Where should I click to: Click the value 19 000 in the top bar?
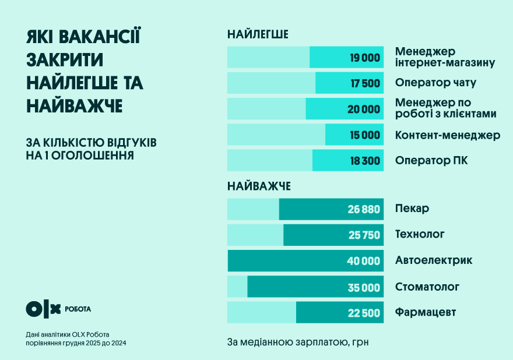click(365, 58)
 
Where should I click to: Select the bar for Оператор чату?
click(305, 83)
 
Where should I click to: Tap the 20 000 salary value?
click(365, 109)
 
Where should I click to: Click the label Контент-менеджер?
click(447, 135)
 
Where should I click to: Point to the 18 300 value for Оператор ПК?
click(365, 161)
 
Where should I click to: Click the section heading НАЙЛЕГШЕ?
click(258, 34)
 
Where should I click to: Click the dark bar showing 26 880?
click(331, 209)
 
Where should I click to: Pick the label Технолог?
click(419, 234)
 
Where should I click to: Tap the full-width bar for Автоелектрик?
click(305, 260)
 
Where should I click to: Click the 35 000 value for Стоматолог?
click(364, 287)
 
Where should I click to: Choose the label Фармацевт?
click(425, 312)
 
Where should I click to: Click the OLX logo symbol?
click(43, 309)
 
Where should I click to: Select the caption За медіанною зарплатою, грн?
click(298, 341)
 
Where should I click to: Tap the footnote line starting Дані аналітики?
click(68, 334)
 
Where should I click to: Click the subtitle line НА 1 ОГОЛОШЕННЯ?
click(80, 156)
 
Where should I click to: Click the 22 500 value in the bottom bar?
click(364, 313)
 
